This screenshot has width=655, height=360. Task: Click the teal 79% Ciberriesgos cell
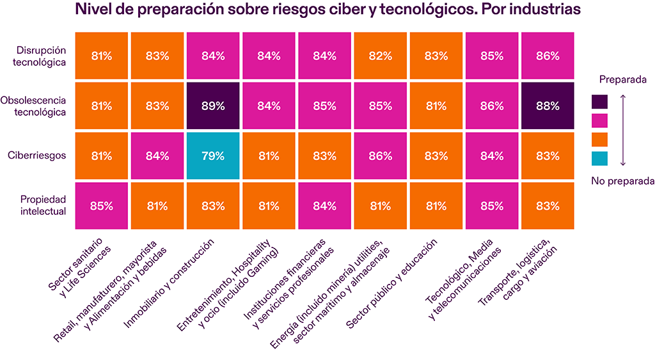[x=213, y=156]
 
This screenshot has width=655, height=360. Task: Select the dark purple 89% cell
[x=213, y=106]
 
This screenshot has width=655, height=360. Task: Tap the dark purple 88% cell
[x=548, y=106]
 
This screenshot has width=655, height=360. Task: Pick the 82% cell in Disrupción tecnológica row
[x=381, y=56]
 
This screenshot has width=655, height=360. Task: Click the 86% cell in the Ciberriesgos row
[x=381, y=156]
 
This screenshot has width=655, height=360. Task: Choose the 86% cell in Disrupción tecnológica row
[x=548, y=56]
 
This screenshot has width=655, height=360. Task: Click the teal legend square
[x=599, y=157]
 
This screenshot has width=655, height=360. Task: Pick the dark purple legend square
[x=599, y=102]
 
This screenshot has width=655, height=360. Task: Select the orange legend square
[x=599, y=139]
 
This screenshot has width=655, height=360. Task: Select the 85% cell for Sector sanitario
[x=101, y=206]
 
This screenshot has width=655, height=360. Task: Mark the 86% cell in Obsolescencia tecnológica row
[x=492, y=106]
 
